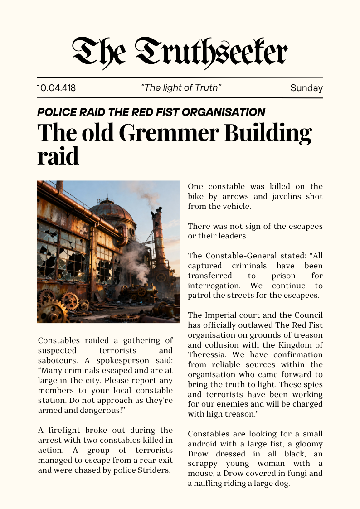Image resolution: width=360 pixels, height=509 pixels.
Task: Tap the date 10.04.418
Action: (56, 88)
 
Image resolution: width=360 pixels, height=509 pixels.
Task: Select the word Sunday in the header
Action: (306, 88)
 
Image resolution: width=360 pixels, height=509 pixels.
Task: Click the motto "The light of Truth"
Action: (181, 87)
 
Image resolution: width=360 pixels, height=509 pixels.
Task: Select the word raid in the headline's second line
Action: (58, 156)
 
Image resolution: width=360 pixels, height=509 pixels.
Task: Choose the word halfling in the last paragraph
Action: (210, 484)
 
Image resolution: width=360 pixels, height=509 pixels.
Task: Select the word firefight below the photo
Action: (61, 430)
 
